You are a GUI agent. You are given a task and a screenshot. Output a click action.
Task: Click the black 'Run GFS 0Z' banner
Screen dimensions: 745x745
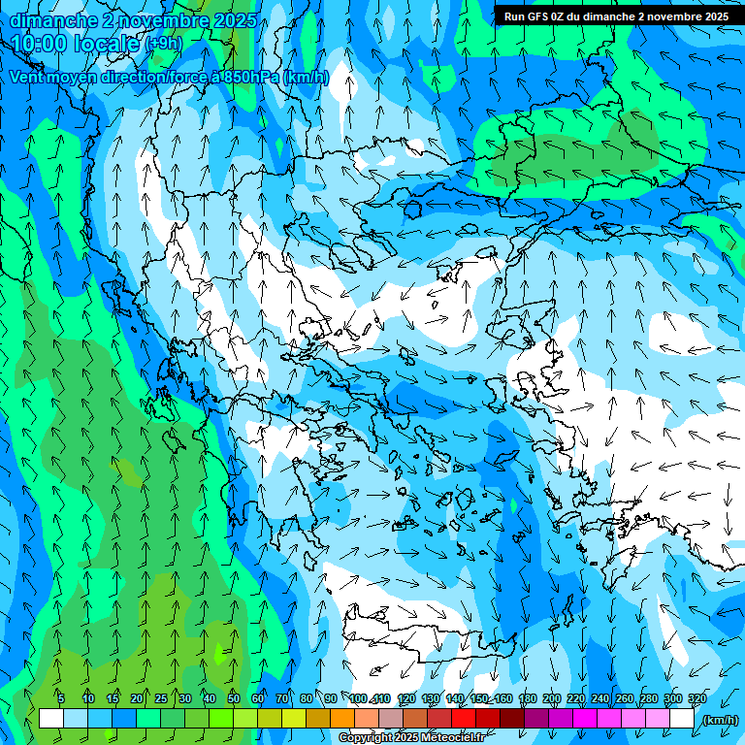[x=616, y=16]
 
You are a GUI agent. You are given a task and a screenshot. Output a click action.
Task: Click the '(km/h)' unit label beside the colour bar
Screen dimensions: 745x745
[x=720, y=720]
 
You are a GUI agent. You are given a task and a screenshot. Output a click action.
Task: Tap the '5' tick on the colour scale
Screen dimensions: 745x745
[x=61, y=698]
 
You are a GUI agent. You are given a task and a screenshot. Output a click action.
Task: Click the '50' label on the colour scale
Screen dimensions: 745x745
[x=234, y=698]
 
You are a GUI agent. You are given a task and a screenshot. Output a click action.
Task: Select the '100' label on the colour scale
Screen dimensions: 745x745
[x=358, y=698]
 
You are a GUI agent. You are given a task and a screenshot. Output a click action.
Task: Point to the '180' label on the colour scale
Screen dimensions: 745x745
[x=527, y=698]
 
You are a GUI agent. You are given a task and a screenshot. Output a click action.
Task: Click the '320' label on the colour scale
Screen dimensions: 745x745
[x=696, y=698]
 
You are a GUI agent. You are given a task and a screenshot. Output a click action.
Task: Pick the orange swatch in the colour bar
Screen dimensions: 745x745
[x=341, y=719]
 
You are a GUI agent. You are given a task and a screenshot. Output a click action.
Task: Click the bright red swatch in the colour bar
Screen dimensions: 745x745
[x=463, y=719]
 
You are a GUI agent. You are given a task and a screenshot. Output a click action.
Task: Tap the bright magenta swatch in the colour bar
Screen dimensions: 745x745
[x=584, y=719]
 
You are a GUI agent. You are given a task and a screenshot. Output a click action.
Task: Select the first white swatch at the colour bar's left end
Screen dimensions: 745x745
[x=50, y=719]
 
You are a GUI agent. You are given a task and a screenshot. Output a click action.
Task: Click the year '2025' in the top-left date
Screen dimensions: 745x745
[x=233, y=20]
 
